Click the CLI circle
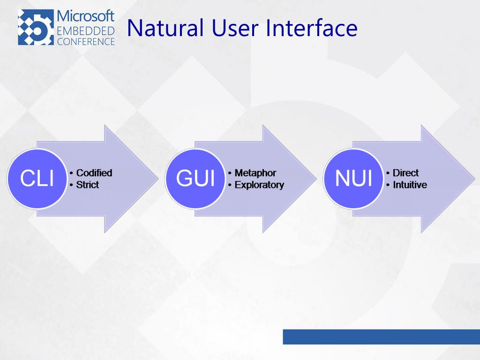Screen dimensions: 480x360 [x=37, y=179]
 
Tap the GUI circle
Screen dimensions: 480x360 [x=195, y=179]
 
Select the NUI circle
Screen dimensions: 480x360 [x=353, y=179]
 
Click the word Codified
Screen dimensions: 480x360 [x=94, y=173]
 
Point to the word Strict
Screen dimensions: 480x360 [x=88, y=185]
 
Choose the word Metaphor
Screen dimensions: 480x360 [x=255, y=173]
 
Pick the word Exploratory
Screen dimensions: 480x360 [x=259, y=185]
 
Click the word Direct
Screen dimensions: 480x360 [x=405, y=173]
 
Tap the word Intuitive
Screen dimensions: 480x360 [x=410, y=185]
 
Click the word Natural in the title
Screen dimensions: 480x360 [x=165, y=28]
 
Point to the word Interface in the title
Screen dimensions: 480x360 [x=312, y=28]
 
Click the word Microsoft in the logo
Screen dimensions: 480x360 [x=85, y=16]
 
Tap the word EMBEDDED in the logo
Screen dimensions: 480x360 [x=85, y=31]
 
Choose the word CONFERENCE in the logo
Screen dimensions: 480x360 [x=85, y=41]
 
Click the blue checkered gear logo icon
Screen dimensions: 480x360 [x=36, y=28]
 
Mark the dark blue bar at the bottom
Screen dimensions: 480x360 [x=381, y=337]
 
